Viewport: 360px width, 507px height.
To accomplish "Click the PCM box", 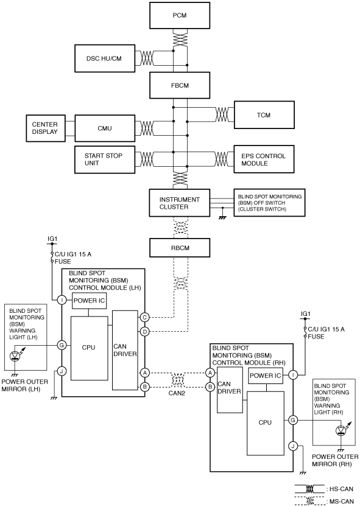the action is (180, 16).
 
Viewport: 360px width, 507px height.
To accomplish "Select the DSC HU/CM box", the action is (105, 58).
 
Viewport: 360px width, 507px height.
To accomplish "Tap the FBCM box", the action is (180, 85).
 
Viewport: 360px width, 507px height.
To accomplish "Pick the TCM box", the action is (264, 115).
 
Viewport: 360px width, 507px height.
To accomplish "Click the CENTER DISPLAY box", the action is (46, 128).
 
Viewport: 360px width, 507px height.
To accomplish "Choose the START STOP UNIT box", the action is (105, 159).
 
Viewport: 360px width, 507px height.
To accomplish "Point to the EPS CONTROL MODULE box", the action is (264, 159).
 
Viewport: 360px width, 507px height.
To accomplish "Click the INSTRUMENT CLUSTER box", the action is (180, 203).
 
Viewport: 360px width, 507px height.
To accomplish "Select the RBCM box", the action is (180, 248).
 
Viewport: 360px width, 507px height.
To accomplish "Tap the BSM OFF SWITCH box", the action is (269, 203).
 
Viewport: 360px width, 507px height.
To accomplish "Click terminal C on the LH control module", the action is (145, 318).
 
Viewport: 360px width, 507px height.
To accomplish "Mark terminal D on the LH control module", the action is (145, 332).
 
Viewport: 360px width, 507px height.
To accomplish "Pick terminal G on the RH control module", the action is (293, 421).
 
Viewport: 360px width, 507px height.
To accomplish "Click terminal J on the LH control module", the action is (62, 371).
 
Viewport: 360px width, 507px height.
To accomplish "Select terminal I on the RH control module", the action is (293, 375).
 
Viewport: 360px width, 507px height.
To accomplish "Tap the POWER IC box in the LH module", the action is (89, 301).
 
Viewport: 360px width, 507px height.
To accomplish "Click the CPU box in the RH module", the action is (266, 423).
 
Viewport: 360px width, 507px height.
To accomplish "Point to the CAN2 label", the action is (177, 394).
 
